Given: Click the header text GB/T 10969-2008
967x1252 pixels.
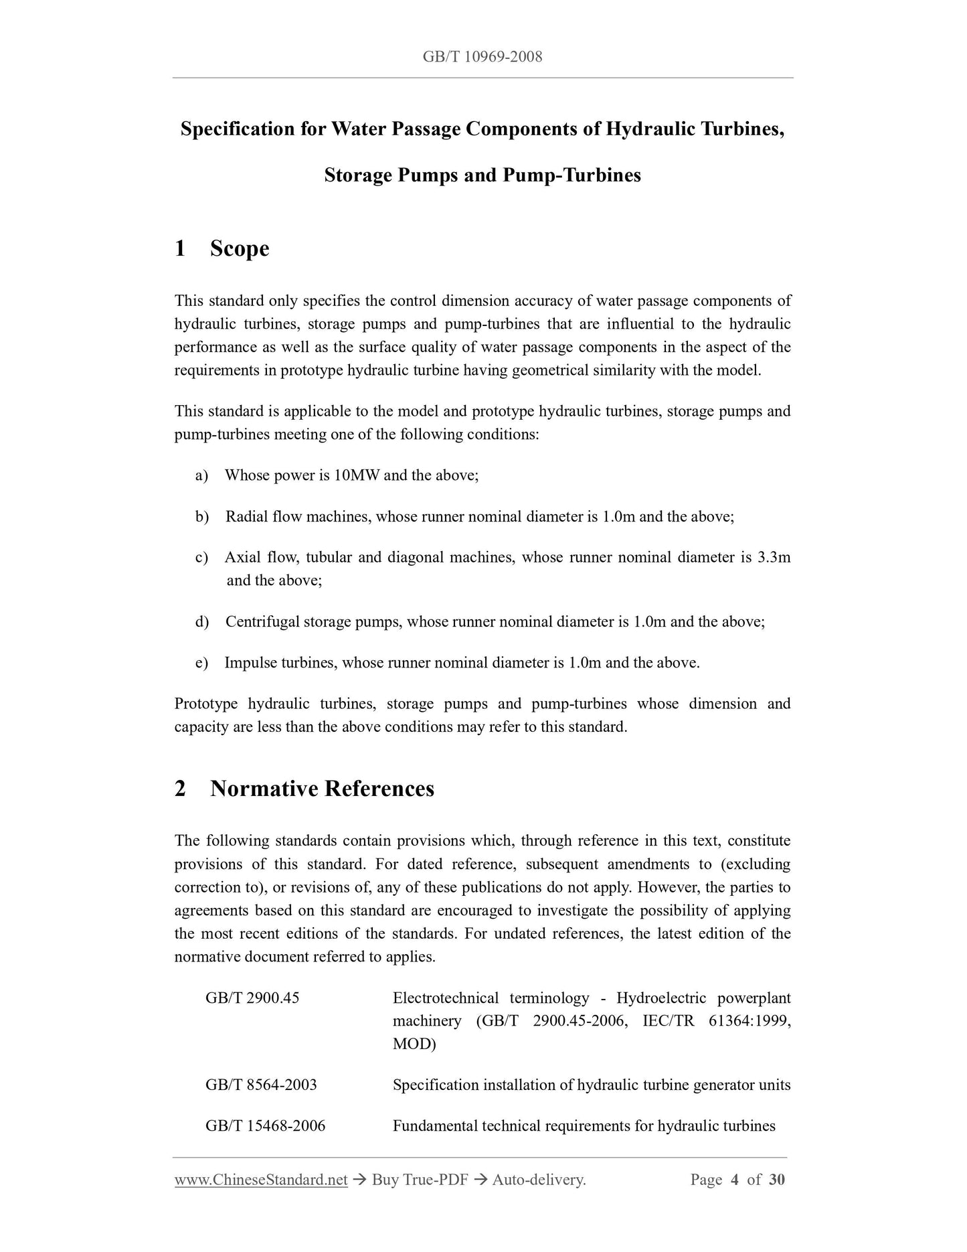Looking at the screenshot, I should (x=482, y=57).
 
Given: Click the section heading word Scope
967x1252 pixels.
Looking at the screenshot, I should (x=240, y=248).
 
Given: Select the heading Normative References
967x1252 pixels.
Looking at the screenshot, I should (x=322, y=789).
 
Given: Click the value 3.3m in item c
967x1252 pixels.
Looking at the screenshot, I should (x=774, y=557).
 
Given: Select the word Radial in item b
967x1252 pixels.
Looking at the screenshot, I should (x=246, y=516).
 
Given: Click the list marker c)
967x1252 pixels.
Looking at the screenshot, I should (x=201, y=557).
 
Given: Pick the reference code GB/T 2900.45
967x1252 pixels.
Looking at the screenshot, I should (x=252, y=998).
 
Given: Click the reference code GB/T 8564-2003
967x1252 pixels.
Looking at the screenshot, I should (x=261, y=1085).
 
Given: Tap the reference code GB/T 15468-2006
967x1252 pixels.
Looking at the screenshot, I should (x=265, y=1126).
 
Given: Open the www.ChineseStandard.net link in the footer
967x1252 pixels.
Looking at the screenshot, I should (x=261, y=1180).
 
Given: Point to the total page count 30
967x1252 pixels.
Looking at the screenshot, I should (x=776, y=1180).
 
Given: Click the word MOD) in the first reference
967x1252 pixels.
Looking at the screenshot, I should (x=414, y=1044).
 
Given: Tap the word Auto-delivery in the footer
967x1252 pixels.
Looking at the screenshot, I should (x=539, y=1180).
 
